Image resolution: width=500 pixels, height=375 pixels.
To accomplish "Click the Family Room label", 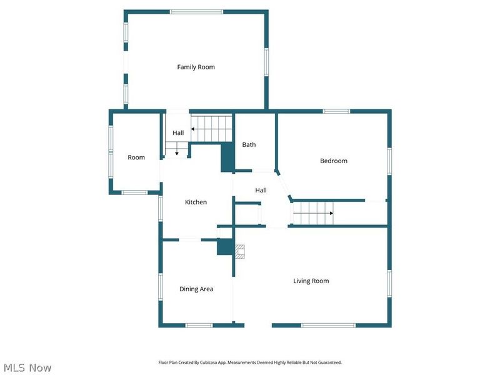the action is tap(196, 67).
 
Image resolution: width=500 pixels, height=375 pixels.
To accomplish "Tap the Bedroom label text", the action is tap(334, 161).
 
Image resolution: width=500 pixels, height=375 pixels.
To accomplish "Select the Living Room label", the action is tap(311, 281).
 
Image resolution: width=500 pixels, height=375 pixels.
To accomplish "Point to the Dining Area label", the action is tap(196, 289).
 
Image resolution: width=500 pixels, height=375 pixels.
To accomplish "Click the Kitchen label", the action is tap(196, 202).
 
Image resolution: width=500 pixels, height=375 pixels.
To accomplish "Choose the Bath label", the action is tap(249, 144).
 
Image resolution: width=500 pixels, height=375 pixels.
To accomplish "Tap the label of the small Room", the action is tap(136, 157).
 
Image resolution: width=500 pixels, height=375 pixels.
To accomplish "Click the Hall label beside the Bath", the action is tap(261, 190).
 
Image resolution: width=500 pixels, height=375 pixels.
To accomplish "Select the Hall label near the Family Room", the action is tap(178, 132).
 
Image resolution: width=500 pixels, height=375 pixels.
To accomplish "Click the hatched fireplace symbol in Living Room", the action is tap(240, 251).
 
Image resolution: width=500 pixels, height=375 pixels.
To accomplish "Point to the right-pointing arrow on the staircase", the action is tap(313, 213).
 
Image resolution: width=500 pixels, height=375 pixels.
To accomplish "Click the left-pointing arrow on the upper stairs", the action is tap(211, 129).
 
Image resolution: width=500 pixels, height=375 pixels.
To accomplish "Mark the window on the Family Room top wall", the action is tap(196, 12).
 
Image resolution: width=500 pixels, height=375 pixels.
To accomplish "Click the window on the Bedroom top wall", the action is tap(336, 111).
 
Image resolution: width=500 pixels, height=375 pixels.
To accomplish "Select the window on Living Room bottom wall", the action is tap(328, 325).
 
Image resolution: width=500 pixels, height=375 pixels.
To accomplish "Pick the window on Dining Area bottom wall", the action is tap(199, 325).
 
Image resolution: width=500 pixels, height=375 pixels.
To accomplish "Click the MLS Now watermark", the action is tap(27, 367).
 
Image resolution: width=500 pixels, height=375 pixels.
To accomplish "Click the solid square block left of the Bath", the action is tap(227, 157).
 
